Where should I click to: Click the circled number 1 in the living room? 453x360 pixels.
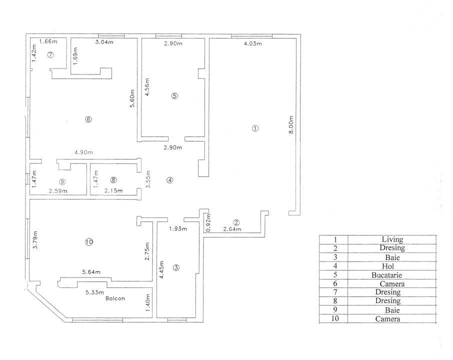coord(255,128)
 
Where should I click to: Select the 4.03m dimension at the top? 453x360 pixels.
coord(253,44)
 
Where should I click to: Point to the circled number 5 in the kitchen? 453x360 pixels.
coord(174,96)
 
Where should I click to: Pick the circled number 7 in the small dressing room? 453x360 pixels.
coord(50,55)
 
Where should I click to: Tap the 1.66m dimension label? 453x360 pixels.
coord(48,41)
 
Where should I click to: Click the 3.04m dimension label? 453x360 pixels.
coord(104,42)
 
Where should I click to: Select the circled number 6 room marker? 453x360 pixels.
coord(88,119)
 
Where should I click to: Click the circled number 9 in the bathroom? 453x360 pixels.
coord(62,181)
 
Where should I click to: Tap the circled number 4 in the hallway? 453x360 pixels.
coord(170,180)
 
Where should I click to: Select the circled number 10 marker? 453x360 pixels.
coord(89,242)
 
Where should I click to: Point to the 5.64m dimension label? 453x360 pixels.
coord(91,272)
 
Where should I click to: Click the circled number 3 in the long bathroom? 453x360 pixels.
coord(176,267)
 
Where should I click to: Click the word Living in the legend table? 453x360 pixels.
coord(392,239)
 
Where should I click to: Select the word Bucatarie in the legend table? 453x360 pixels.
coord(392,275)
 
